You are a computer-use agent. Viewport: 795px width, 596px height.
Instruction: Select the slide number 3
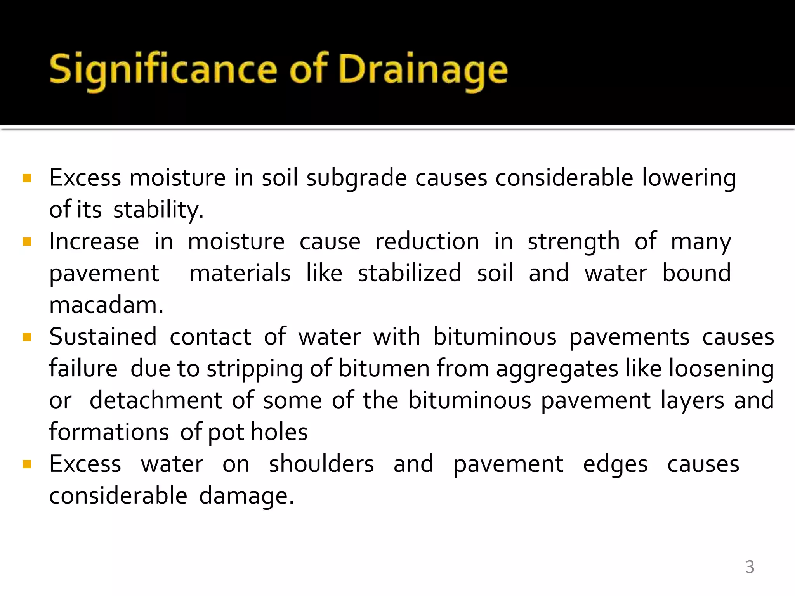point(750,567)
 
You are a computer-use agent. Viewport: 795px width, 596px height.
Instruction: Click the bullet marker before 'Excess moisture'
point(27,178)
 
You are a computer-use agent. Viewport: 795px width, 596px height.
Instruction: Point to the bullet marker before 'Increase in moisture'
point(27,242)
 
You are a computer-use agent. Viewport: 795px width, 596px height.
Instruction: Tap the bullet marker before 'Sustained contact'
point(27,337)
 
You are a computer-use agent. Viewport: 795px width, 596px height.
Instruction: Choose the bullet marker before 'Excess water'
point(27,464)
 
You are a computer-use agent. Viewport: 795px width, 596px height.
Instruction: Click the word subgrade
point(356,178)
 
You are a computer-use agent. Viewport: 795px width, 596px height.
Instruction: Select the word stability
point(158,210)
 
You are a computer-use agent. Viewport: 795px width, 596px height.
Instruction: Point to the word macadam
point(106,305)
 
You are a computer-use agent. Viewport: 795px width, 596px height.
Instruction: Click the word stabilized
point(410,273)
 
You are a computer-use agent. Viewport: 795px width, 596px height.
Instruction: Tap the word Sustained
point(103,337)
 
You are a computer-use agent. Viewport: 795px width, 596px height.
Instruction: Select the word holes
point(279,432)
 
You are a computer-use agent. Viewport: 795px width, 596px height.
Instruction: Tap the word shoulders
point(321,464)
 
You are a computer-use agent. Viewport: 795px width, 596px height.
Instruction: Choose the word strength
point(573,242)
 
